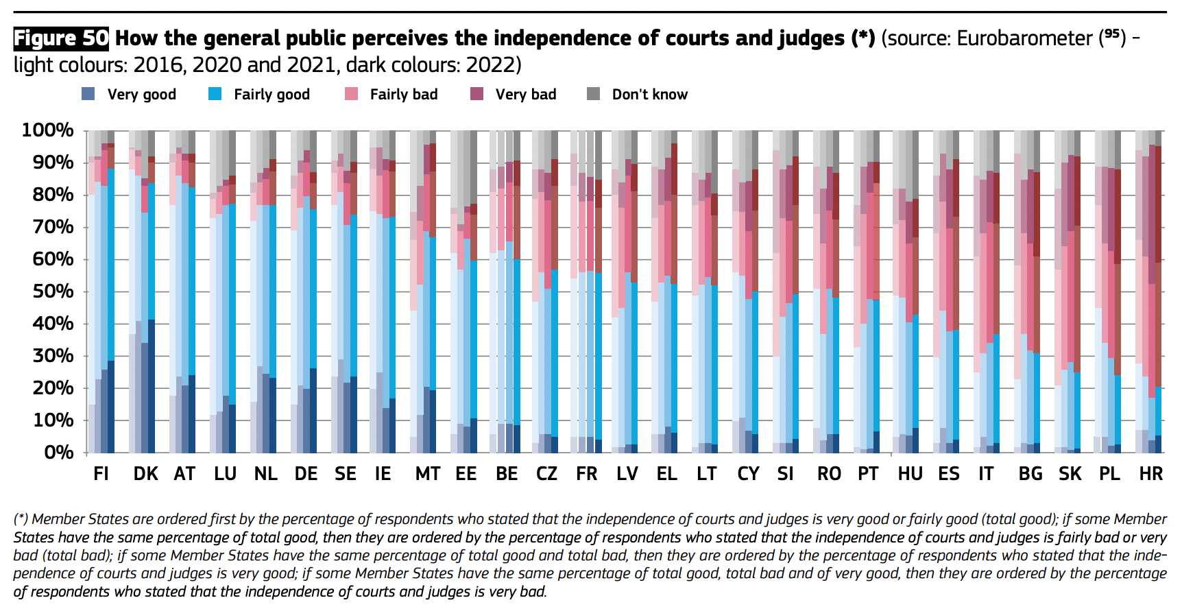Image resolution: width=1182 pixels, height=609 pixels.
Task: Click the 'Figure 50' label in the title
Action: pyautogui.click(x=61, y=38)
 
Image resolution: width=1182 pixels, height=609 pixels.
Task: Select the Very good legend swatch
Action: pyautogui.click(x=88, y=94)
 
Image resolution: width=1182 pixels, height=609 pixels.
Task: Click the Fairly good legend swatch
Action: pyautogui.click(x=215, y=94)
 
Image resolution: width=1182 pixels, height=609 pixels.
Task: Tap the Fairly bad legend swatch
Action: pyautogui.click(x=352, y=94)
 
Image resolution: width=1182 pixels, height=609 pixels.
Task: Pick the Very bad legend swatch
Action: pyautogui.click(x=477, y=94)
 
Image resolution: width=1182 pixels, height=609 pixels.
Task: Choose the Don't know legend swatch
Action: pyautogui.click(x=594, y=94)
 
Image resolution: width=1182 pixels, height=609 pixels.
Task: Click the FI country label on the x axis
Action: pyautogui.click(x=101, y=474)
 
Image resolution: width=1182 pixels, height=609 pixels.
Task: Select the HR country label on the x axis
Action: pyautogui.click(x=1150, y=474)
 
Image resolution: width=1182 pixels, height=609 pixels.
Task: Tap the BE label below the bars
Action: pyautogui.click(x=507, y=474)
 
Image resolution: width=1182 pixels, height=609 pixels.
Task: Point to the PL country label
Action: pyautogui.click(x=1109, y=474)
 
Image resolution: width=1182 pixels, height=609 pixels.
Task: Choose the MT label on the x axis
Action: pyautogui.click(x=428, y=474)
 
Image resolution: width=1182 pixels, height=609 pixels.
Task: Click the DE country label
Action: pyautogui.click(x=306, y=474)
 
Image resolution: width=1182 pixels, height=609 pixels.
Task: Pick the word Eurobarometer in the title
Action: pyautogui.click(x=1024, y=38)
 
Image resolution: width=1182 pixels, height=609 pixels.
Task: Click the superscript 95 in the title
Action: pyautogui.click(x=1113, y=33)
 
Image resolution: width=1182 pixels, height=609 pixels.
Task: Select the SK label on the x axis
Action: pyautogui.click(x=1070, y=474)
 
